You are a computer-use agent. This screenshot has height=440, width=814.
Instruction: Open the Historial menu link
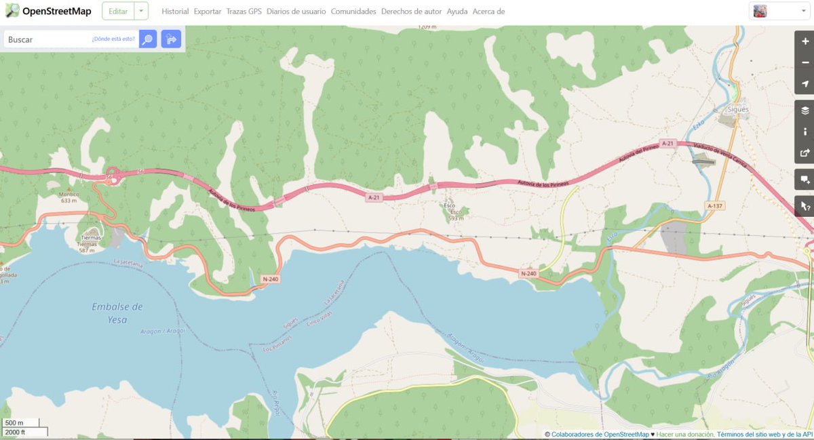(x=175, y=12)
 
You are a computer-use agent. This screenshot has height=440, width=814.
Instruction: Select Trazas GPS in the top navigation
(x=244, y=12)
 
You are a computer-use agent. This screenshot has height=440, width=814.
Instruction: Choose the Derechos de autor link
(x=411, y=12)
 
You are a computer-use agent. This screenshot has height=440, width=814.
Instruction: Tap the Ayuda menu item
(x=457, y=12)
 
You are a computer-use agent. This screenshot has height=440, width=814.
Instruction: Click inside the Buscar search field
(x=47, y=39)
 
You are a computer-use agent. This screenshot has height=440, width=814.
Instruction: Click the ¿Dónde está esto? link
(x=113, y=39)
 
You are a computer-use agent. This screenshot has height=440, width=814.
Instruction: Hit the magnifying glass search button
(x=148, y=39)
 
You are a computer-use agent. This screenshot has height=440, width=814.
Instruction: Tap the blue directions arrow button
(x=171, y=39)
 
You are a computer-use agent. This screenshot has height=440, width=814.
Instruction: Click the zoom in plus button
(x=805, y=41)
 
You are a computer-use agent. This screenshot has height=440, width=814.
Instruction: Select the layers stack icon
(x=805, y=111)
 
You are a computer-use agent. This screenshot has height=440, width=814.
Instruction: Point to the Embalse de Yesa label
(x=117, y=313)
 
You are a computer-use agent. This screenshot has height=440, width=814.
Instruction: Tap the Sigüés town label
(x=738, y=109)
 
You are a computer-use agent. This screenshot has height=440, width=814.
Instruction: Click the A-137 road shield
(x=714, y=205)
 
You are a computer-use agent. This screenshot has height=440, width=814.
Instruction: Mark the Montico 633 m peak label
(x=69, y=197)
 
